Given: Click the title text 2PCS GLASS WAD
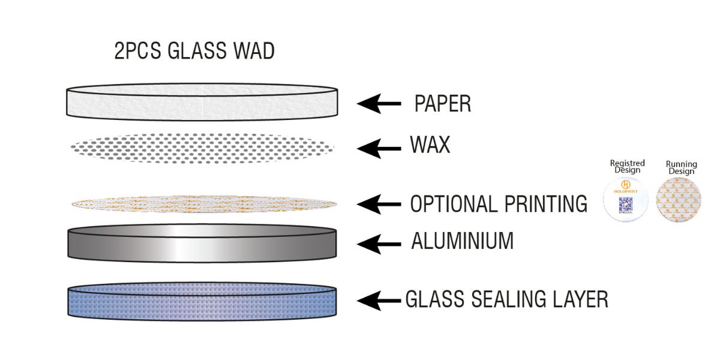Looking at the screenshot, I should (194, 51).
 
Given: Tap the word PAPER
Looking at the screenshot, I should (442, 104).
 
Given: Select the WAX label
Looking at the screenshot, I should (430, 145).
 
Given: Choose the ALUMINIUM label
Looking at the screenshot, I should (462, 241).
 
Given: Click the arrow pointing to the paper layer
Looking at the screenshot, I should (379, 104).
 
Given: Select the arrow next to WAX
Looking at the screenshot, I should (379, 147).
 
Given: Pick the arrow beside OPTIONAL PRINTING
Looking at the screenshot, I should (379, 205).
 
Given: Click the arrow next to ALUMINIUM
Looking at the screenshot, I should (379, 244).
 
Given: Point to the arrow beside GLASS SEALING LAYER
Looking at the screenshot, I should (379, 299).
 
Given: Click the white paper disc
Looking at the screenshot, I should (202, 102).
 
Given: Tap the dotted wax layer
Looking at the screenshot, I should (202, 147).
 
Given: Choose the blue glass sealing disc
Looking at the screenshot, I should (202, 301).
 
